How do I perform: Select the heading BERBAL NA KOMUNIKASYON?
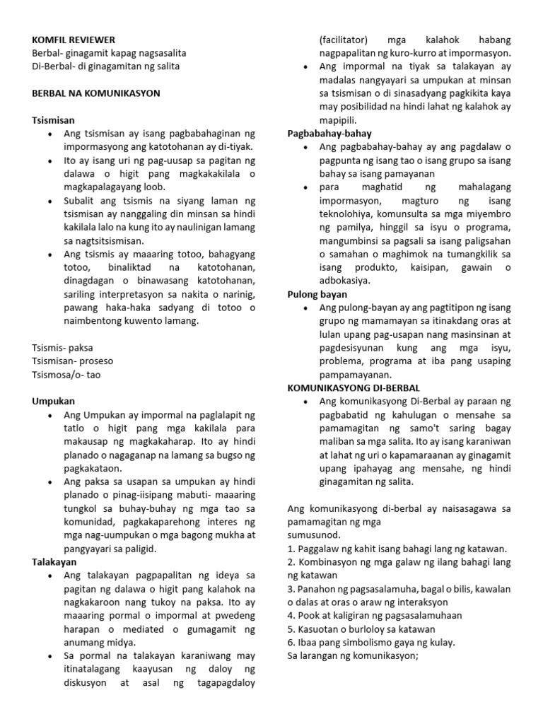coord(96,93)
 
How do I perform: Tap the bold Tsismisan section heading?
coord(54,120)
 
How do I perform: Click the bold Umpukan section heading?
coord(53,401)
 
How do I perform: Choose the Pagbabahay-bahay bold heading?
coord(329,134)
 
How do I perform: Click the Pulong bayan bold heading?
coord(317,294)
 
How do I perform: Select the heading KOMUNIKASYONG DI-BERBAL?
coord(354,388)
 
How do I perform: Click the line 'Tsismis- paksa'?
coord(62,348)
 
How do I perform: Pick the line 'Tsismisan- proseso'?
coord(72,361)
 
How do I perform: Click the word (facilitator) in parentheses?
coord(344,40)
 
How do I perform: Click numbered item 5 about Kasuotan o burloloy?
coord(362,629)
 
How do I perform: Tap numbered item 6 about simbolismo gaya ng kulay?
coord(371,642)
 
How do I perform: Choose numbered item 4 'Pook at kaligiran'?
coord(374,615)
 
